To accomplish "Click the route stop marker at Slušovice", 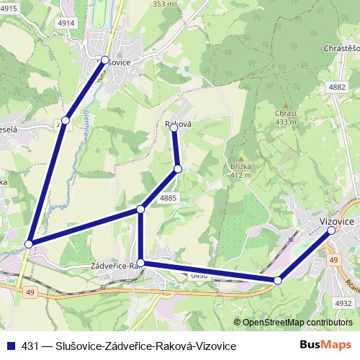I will [x=105, y=60].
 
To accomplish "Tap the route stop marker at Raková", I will [x=174, y=128].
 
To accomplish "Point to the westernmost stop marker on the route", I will [x=29, y=244].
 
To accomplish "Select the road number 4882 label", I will [x=336, y=86].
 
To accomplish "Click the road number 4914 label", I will [x=67, y=23].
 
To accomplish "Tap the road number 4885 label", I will [x=168, y=197].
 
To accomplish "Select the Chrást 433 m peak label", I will [x=285, y=117].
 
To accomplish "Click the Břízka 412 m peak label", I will [x=240, y=170].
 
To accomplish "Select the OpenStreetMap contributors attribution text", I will [x=297, y=323].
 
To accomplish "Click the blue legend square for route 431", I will [x=8, y=346].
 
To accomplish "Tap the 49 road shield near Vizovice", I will [x=333, y=259].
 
